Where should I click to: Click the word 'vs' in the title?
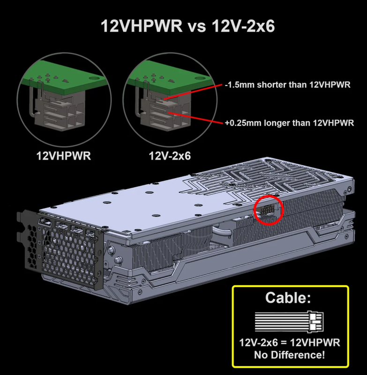click(197, 26)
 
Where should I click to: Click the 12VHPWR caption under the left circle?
click(64, 156)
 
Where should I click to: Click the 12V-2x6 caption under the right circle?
click(170, 156)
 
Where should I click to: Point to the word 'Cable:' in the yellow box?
click(288, 298)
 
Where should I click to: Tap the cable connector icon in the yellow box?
click(290, 322)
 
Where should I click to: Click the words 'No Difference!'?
click(290, 355)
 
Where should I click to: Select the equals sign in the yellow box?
click(284, 343)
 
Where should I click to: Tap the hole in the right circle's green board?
click(200, 78)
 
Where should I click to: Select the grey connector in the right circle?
click(165, 112)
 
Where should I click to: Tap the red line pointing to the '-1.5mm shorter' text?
click(193, 91)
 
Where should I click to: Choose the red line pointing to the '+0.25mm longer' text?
click(195, 118)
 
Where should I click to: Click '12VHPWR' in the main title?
click(142, 26)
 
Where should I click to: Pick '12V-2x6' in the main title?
click(243, 26)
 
